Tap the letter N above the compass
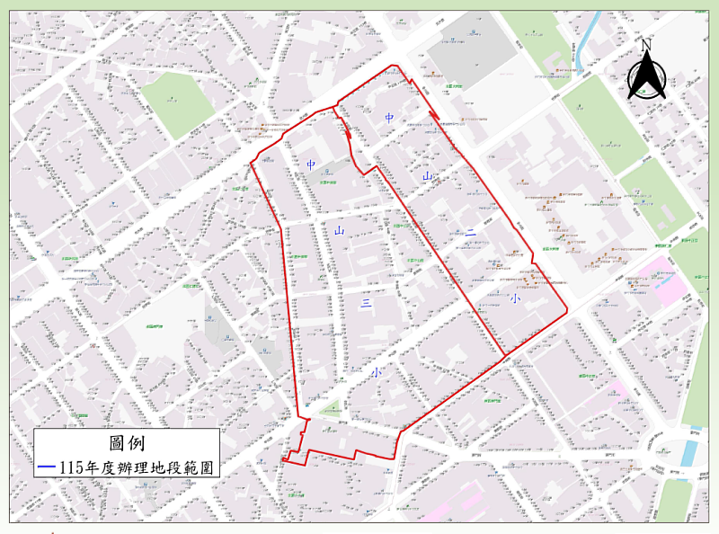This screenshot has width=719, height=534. click(x=646, y=44)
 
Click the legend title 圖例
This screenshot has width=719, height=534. click(x=126, y=443)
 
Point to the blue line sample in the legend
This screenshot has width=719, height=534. click(x=48, y=467)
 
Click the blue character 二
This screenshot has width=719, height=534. click(x=471, y=235)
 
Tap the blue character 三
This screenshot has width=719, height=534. click(x=367, y=305)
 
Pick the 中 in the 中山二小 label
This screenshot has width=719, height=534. click(x=389, y=118)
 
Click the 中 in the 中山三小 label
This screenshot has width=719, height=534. click(x=311, y=165)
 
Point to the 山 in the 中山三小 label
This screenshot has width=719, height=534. click(x=340, y=232)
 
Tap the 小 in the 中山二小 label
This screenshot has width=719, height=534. click(x=514, y=298)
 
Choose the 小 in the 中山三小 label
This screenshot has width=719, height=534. click(x=376, y=371)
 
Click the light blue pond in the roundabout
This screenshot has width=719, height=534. click(x=688, y=453)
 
